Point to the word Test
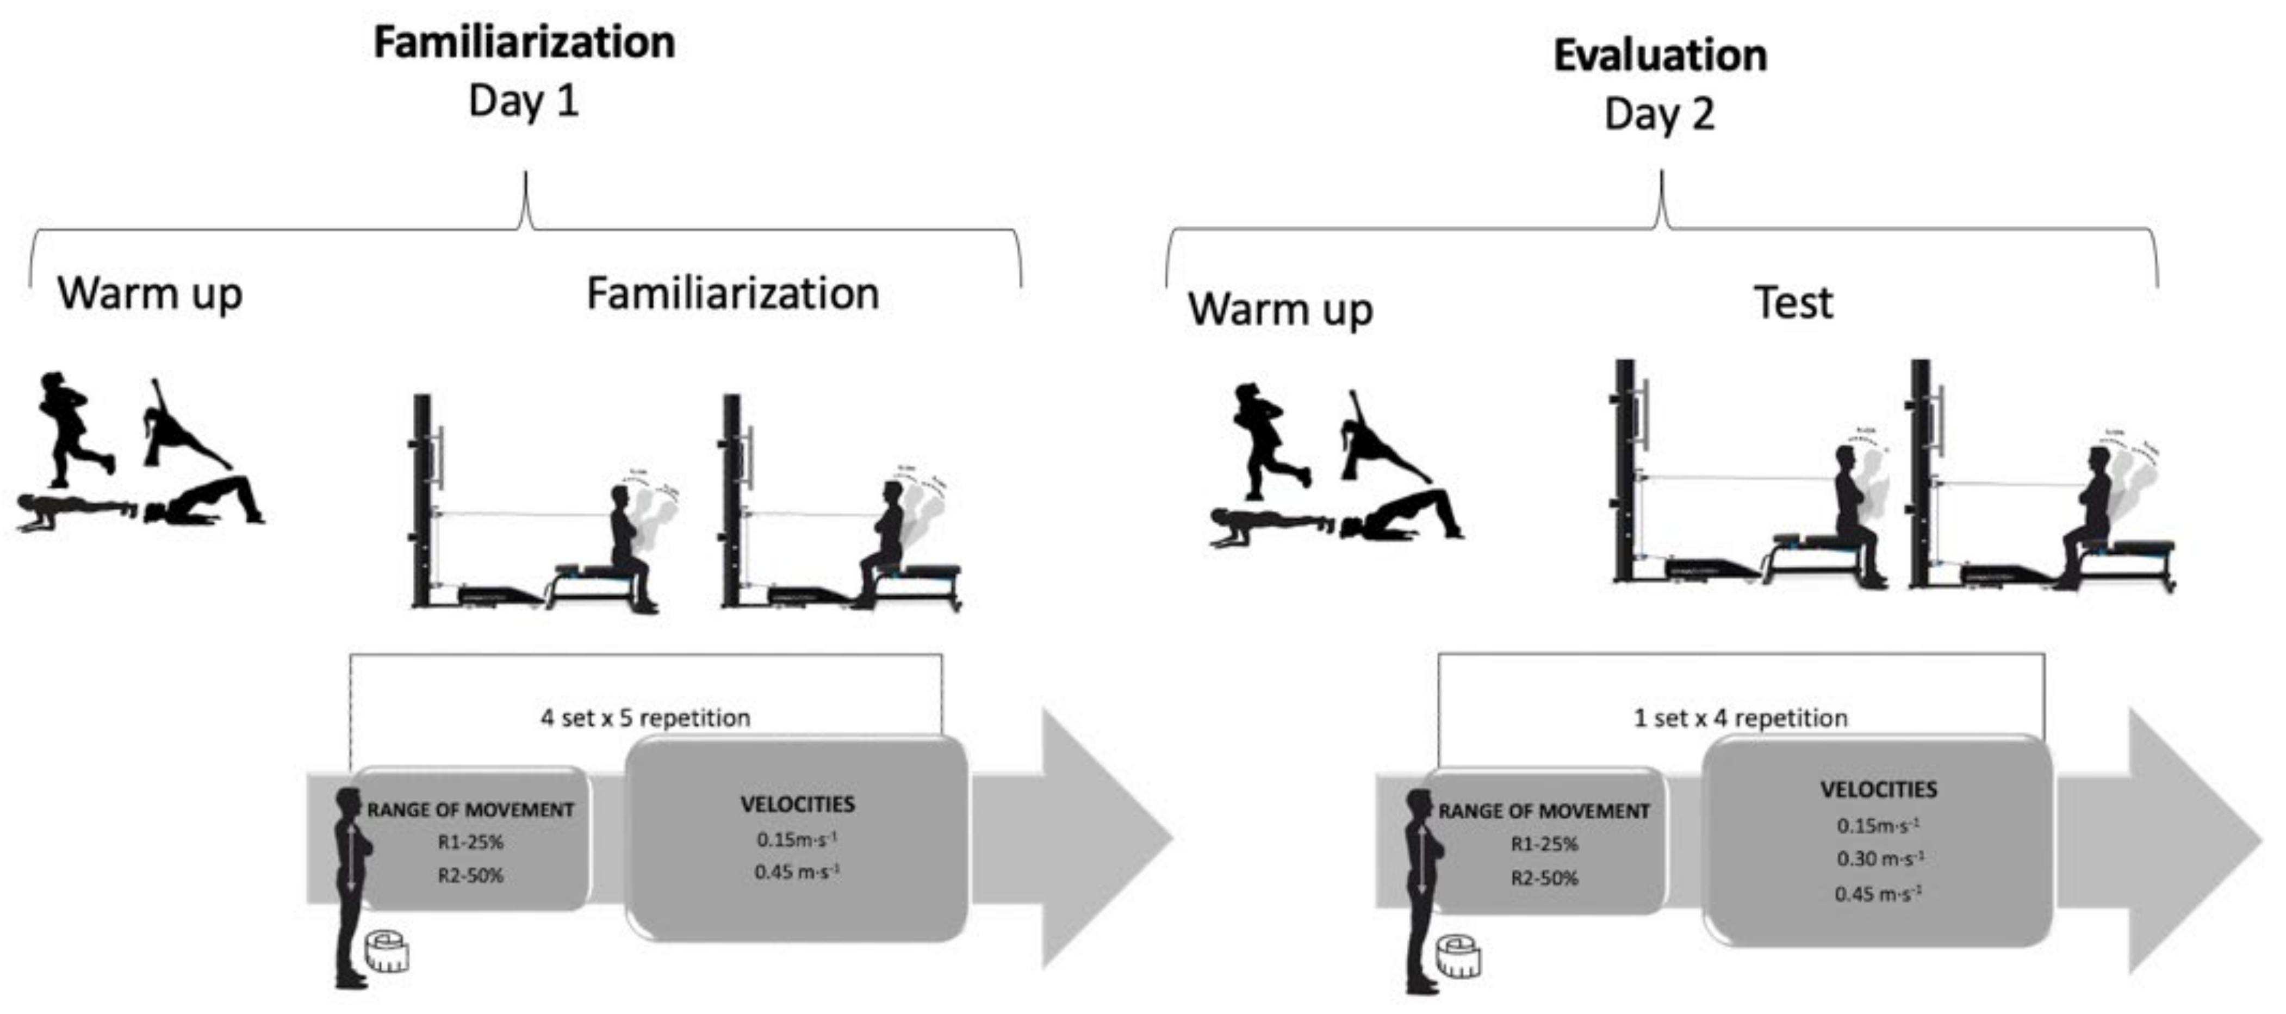[x=1793, y=304]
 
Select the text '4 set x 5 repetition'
[x=645, y=718]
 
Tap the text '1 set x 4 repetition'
[x=1740, y=718]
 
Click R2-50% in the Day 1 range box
[x=470, y=875]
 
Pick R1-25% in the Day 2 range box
[x=1544, y=844]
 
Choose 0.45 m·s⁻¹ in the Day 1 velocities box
[x=796, y=872]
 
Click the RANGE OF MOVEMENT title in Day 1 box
[x=470, y=810]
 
